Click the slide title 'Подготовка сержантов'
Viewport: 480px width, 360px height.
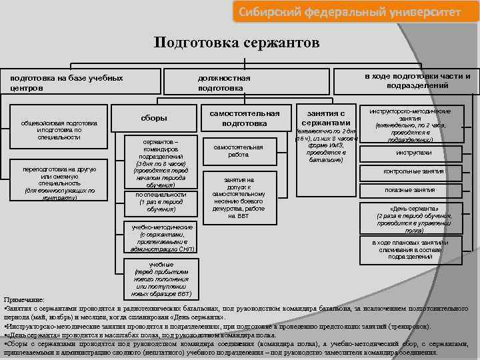point(237,43)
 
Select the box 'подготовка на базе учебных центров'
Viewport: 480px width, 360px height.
point(67,83)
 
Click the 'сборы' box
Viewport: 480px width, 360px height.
point(154,118)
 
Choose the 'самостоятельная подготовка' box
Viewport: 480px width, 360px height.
point(245,118)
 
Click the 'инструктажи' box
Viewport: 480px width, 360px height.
point(413,153)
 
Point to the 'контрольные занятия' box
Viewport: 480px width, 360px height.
point(413,171)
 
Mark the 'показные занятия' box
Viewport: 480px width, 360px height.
point(413,190)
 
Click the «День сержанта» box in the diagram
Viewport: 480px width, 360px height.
point(413,218)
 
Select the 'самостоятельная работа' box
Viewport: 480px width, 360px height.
point(239,151)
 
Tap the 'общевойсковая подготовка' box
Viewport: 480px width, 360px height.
point(59,130)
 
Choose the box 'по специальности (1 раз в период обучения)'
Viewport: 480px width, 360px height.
point(157,201)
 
